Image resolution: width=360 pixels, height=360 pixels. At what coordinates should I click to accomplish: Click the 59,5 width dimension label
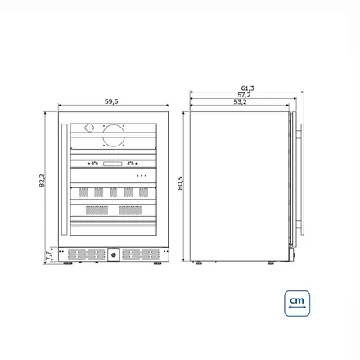[x=111, y=101]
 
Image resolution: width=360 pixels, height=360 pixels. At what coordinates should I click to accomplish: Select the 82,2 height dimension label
[x=42, y=181]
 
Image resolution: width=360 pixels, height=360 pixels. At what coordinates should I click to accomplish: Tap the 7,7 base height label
[x=48, y=255]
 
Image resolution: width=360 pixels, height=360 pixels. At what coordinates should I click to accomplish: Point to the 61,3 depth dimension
[x=247, y=88]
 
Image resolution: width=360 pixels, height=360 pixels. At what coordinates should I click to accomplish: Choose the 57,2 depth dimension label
[x=244, y=95]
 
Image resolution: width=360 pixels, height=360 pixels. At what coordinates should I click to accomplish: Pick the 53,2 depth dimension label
[x=240, y=101]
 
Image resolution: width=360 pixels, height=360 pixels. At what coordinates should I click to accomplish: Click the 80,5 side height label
[x=180, y=183]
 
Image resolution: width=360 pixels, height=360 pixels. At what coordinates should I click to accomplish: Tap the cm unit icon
[x=297, y=304]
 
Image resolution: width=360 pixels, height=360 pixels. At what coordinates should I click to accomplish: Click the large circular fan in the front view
[x=114, y=135]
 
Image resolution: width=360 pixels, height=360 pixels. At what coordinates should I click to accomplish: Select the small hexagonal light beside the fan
[x=89, y=128]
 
